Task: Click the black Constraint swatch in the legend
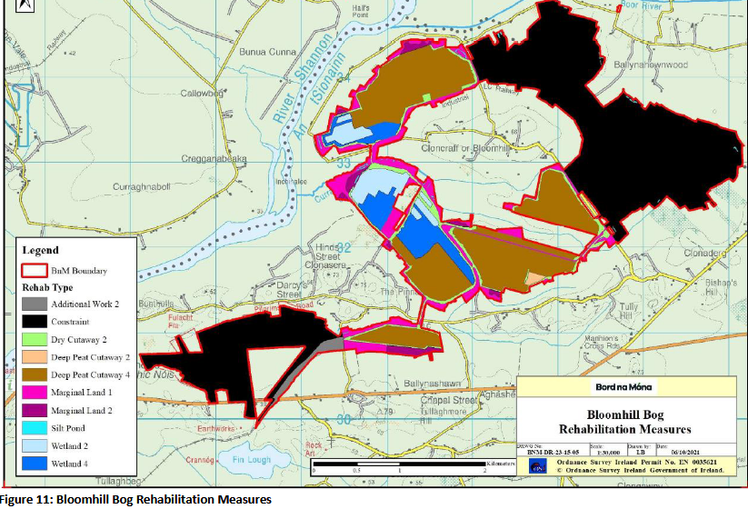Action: point(35,322)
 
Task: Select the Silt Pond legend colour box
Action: point(35,426)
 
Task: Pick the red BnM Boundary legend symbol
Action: point(35,270)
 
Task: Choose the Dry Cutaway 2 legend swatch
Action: point(35,339)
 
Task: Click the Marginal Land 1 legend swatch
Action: point(35,392)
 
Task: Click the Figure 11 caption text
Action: point(136,500)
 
